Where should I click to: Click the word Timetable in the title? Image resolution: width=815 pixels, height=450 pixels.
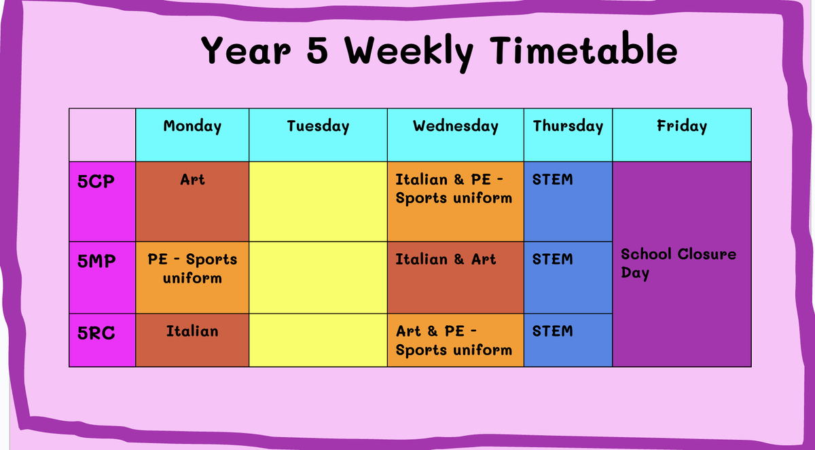click(583, 50)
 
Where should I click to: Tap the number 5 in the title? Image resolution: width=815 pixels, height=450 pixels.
click(317, 51)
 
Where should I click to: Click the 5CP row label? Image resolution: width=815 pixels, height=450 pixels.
click(96, 181)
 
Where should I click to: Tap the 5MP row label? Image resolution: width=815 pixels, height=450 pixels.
click(96, 261)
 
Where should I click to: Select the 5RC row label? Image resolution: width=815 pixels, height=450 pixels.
click(96, 333)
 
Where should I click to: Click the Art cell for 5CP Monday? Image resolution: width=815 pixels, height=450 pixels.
click(192, 202)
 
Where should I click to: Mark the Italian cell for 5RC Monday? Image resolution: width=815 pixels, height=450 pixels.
click(192, 340)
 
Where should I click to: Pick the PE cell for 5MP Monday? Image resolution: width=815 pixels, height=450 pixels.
click(192, 278)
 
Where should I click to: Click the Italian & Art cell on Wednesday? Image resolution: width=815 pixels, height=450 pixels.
click(456, 278)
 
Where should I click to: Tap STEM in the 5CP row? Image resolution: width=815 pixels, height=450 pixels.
click(552, 180)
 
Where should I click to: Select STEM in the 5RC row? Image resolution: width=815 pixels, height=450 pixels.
click(552, 331)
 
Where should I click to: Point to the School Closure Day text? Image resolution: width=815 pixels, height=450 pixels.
click(678, 263)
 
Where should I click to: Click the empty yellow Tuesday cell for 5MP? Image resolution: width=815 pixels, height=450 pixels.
click(318, 278)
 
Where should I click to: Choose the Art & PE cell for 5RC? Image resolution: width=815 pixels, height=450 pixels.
click(456, 340)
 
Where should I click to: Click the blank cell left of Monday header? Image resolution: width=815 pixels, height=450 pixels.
click(103, 135)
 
